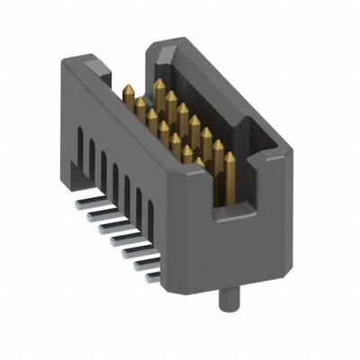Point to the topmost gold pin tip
[159, 84]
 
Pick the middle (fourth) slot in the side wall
[115, 180]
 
